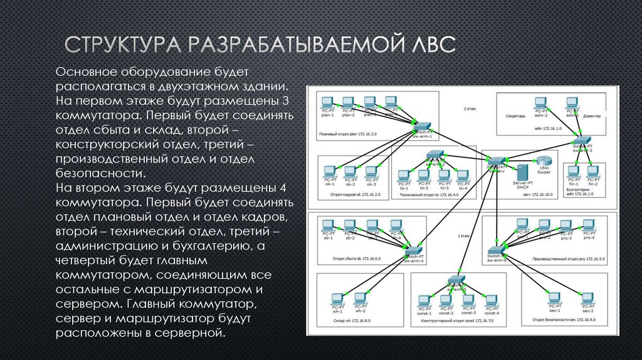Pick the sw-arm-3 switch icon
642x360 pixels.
tap(582, 140)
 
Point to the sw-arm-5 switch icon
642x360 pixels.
tap(456, 280)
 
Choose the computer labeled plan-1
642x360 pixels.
tap(327, 102)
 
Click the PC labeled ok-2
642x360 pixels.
tap(350, 171)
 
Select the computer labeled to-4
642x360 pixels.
tap(463, 176)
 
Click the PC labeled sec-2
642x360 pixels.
tap(587, 298)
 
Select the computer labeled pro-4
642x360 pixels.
tap(588, 225)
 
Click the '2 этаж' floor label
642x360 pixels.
tap(470, 109)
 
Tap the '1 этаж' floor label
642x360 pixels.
tap(463, 236)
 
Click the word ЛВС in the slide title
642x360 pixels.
tap(430, 46)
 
